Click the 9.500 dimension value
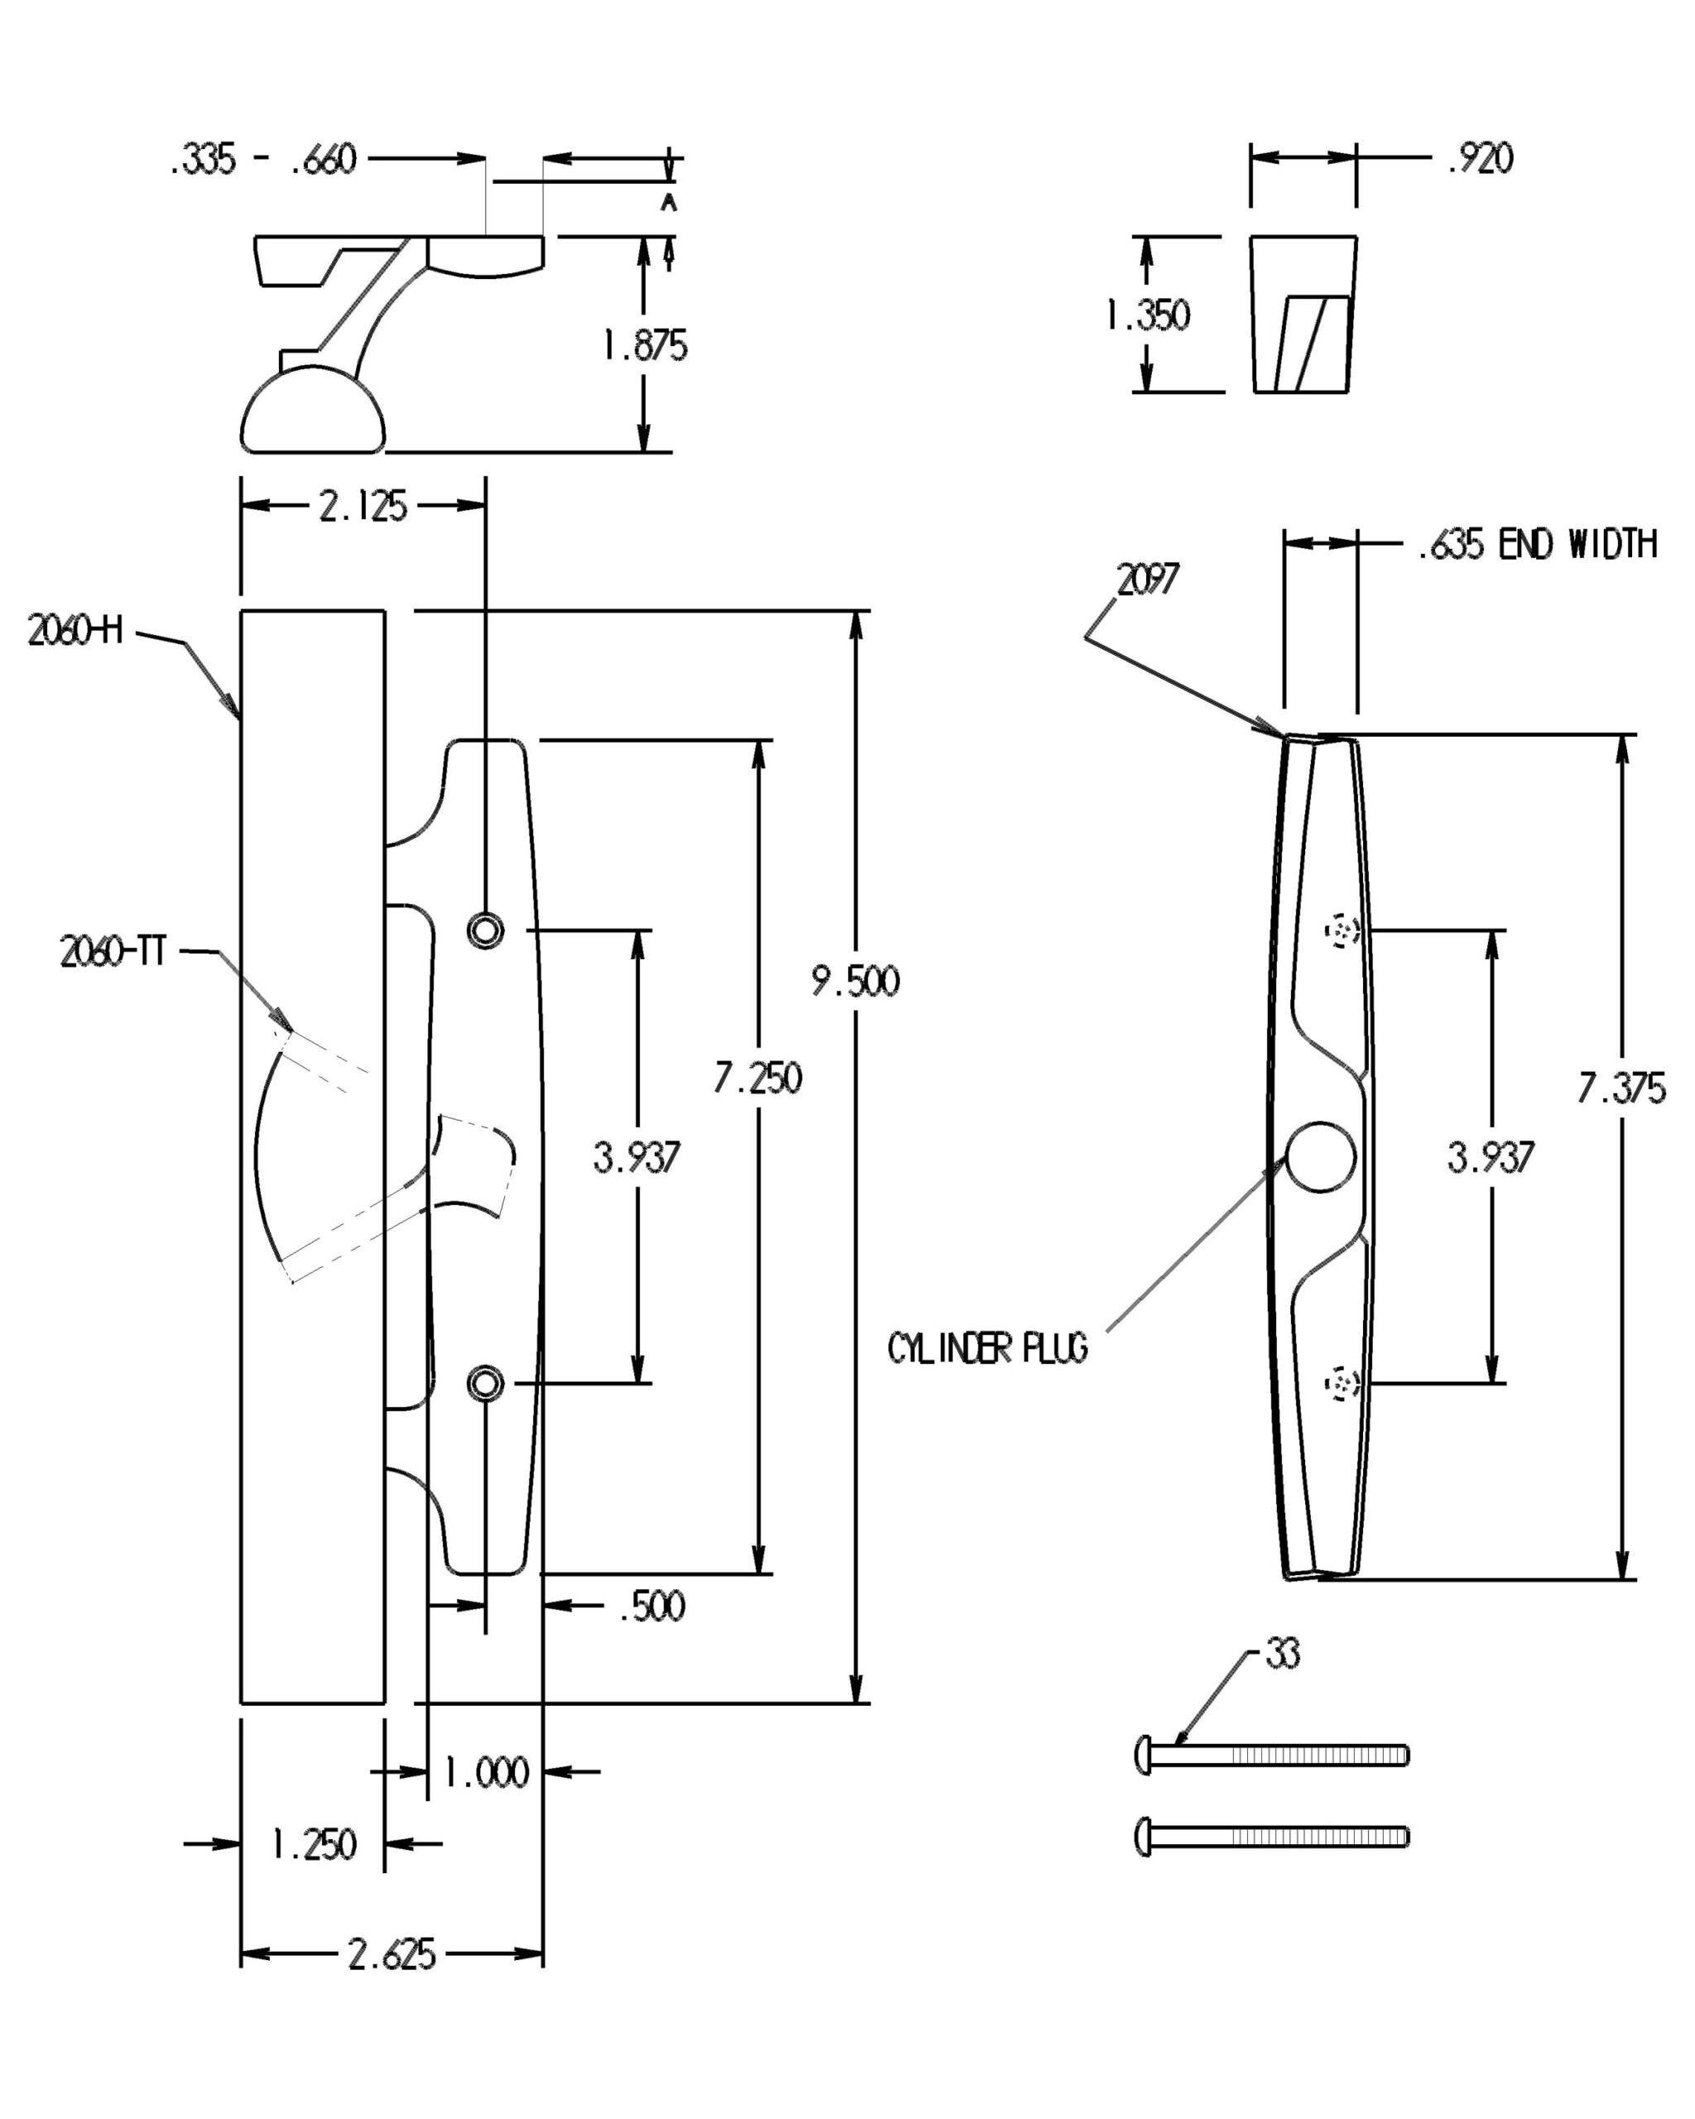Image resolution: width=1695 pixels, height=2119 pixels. [855, 981]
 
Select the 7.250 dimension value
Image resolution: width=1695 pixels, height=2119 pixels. [757, 1079]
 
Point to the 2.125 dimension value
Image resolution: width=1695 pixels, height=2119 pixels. [363, 507]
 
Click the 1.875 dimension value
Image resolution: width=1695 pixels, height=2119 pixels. [645, 345]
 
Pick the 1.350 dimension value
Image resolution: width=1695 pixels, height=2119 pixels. [1147, 315]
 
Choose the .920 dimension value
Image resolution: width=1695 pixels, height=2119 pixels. [1480, 157]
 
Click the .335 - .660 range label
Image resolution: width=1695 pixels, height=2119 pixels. [263, 158]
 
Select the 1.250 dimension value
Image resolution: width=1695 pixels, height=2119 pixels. [314, 1844]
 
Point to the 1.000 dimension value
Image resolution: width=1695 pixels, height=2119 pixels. [487, 1772]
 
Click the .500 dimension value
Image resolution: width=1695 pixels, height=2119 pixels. [651, 1606]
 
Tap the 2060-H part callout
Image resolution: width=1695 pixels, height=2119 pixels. [75, 630]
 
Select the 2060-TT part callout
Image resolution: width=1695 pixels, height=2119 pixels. [113, 951]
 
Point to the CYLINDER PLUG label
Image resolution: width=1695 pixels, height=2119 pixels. [987, 1348]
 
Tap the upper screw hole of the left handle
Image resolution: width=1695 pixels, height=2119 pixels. [485, 929]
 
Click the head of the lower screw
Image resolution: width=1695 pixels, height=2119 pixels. [1143, 1836]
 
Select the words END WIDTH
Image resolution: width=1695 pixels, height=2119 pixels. [1577, 544]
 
